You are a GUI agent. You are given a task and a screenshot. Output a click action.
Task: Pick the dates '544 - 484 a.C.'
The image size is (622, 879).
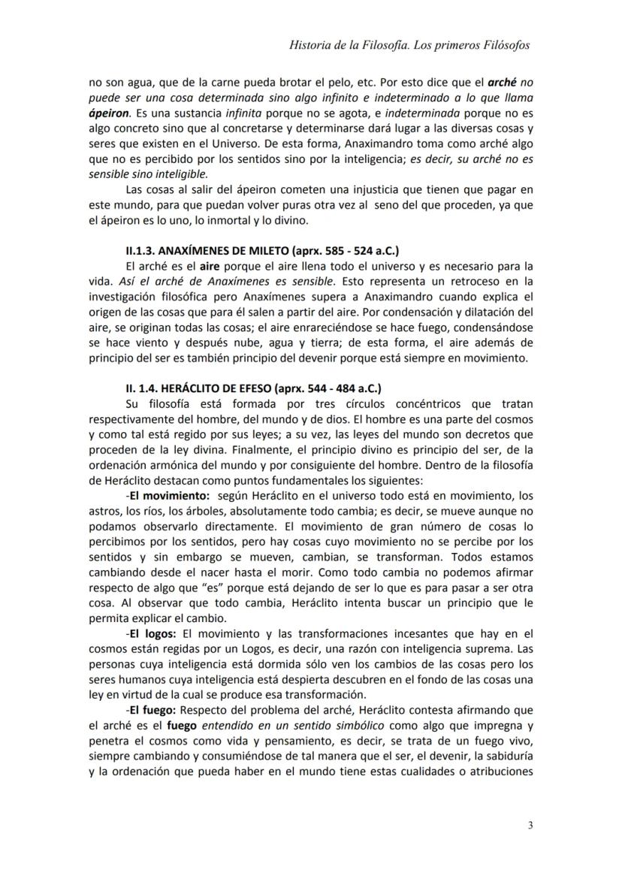point(346,388)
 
